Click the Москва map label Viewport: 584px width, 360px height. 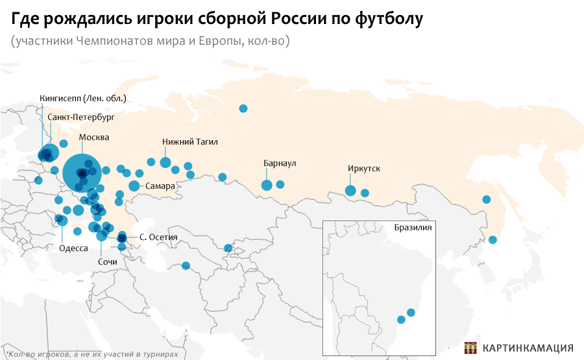[94, 138]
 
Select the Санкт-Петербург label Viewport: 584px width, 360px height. [81, 117]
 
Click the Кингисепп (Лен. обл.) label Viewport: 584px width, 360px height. [82, 99]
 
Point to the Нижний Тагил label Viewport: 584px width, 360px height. [190, 141]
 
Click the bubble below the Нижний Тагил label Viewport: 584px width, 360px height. [165, 163]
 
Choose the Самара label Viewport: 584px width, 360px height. [160, 186]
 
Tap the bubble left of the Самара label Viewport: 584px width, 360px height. [134, 186]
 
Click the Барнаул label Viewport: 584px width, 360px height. [280, 163]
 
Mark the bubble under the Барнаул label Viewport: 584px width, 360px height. [267, 186]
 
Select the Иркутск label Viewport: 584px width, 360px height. [364, 169]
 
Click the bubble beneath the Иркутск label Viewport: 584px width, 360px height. [350, 190]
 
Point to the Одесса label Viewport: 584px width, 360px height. [73, 248]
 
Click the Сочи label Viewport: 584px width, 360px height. [107, 261]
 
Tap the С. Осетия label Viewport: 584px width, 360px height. [158, 237]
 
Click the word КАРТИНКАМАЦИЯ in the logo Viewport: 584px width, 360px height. [528, 347]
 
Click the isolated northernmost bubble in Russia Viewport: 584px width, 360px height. [243, 108]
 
